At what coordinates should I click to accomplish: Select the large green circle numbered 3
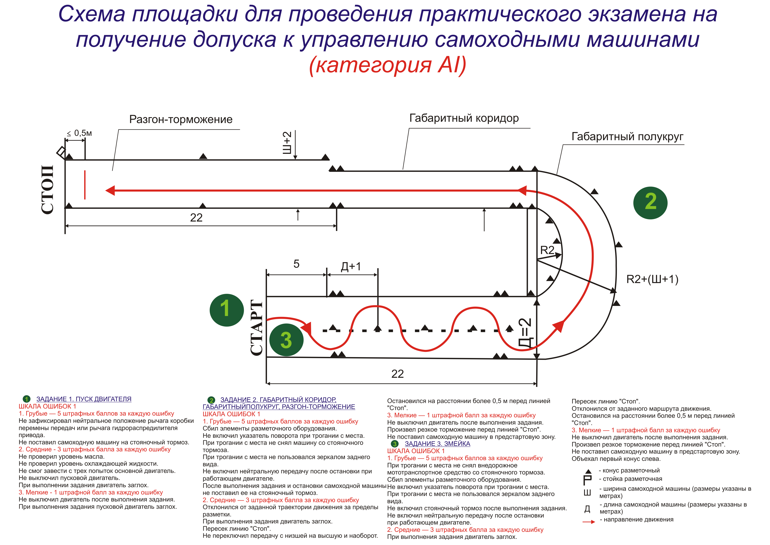point(286,340)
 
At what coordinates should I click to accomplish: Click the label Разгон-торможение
point(181,119)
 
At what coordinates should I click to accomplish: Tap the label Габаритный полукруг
point(627,137)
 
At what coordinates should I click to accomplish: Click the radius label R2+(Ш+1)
point(652,279)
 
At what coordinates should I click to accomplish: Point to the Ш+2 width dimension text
point(287,143)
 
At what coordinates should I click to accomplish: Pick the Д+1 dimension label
point(351,267)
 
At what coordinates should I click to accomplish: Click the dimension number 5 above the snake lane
point(296,264)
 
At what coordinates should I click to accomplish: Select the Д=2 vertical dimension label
point(525,332)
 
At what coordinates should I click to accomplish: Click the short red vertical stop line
point(85,185)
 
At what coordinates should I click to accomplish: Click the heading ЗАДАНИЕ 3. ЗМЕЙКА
point(437,444)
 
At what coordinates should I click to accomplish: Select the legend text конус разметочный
point(631,471)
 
